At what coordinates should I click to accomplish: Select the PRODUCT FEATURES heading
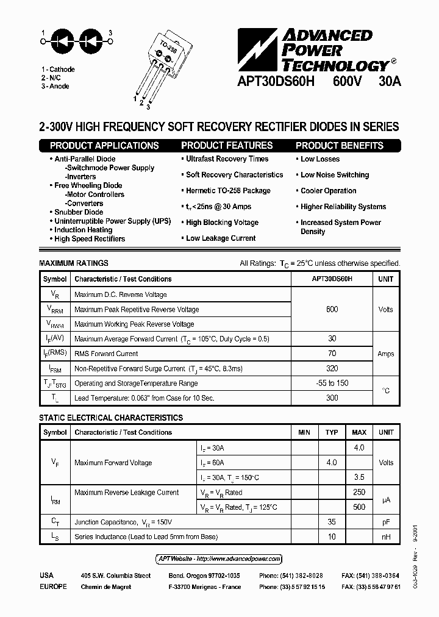(x=227, y=146)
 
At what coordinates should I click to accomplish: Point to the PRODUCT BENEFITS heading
(x=340, y=146)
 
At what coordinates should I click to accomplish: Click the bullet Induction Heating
(x=83, y=230)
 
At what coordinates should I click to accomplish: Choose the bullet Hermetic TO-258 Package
(x=228, y=191)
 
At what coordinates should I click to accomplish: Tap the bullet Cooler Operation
(x=328, y=191)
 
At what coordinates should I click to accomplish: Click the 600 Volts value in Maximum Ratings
(x=332, y=309)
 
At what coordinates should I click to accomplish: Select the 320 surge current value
(x=332, y=368)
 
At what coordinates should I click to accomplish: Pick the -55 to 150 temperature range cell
(x=332, y=383)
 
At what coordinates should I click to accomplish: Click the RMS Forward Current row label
(x=106, y=354)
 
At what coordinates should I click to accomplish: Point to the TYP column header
(x=332, y=432)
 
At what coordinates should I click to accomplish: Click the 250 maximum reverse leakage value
(x=359, y=492)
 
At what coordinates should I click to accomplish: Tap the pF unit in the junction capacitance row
(x=385, y=522)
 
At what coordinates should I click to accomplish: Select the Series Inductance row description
(x=146, y=537)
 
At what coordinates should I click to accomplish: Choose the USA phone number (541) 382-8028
(x=291, y=576)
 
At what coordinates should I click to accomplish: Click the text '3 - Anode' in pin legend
(x=55, y=87)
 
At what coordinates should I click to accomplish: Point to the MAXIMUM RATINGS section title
(x=74, y=263)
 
